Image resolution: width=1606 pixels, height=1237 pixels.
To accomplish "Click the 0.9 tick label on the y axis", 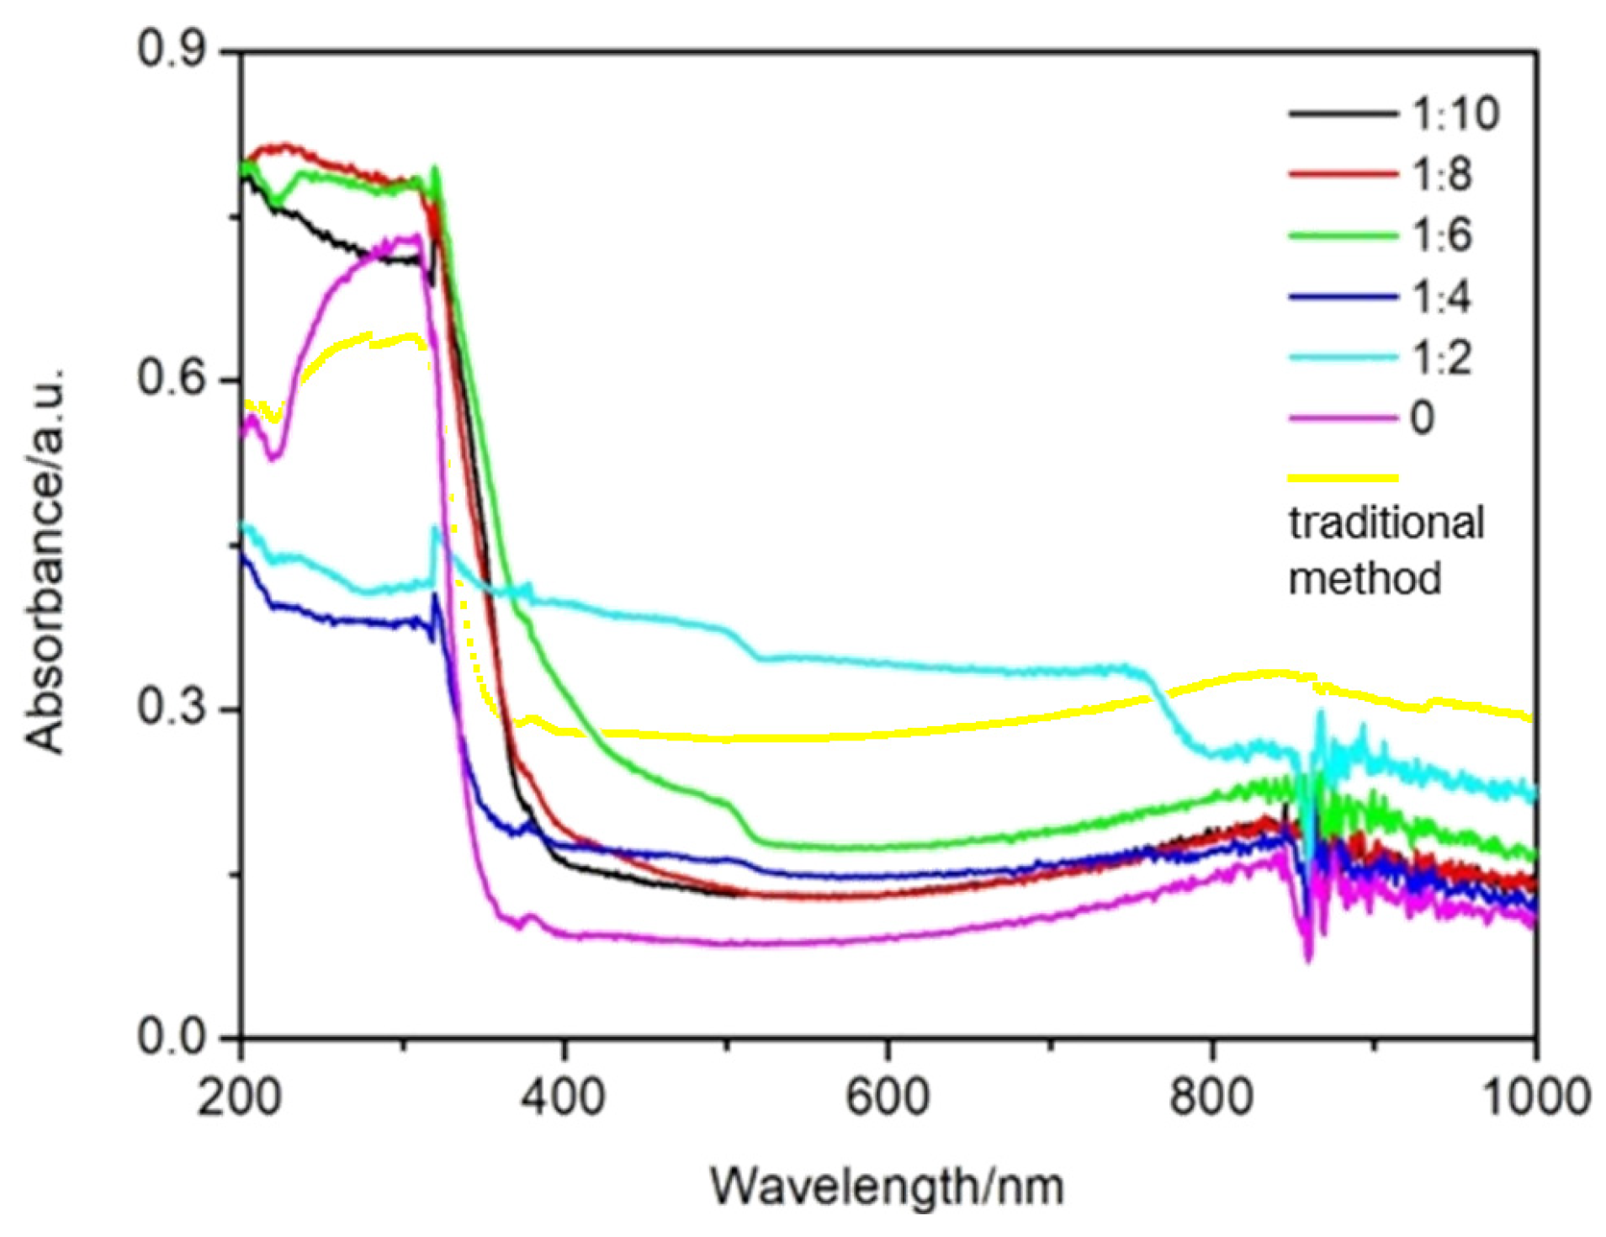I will coord(172,50).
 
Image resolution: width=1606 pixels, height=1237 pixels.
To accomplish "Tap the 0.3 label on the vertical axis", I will coord(172,707).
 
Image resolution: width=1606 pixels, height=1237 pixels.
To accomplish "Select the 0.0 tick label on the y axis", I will coord(172,1036).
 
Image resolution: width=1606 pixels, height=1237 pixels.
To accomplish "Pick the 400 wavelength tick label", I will coord(563,1097).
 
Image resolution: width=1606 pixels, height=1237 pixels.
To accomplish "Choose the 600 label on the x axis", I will coord(887,1097).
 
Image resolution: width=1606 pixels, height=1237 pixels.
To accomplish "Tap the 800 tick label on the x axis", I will coord(1211,1097).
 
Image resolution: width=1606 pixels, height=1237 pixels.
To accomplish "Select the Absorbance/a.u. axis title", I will coord(44,560).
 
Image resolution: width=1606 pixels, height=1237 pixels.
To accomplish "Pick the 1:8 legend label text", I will coord(1441,174).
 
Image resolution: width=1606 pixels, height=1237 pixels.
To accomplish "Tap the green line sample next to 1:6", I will coord(1343,236).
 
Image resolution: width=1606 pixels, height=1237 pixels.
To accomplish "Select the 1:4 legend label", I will coord(1441,296).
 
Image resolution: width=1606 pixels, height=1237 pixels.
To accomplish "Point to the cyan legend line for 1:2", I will coord(1343,358).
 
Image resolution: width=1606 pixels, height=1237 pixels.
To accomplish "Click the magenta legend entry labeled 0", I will coord(1422,417).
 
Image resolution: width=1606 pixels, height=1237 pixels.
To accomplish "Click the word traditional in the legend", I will coord(1386,523).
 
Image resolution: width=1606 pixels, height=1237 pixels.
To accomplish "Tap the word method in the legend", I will coord(1365,579).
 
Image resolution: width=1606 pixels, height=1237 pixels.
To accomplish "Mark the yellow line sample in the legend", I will coord(1343,478).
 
